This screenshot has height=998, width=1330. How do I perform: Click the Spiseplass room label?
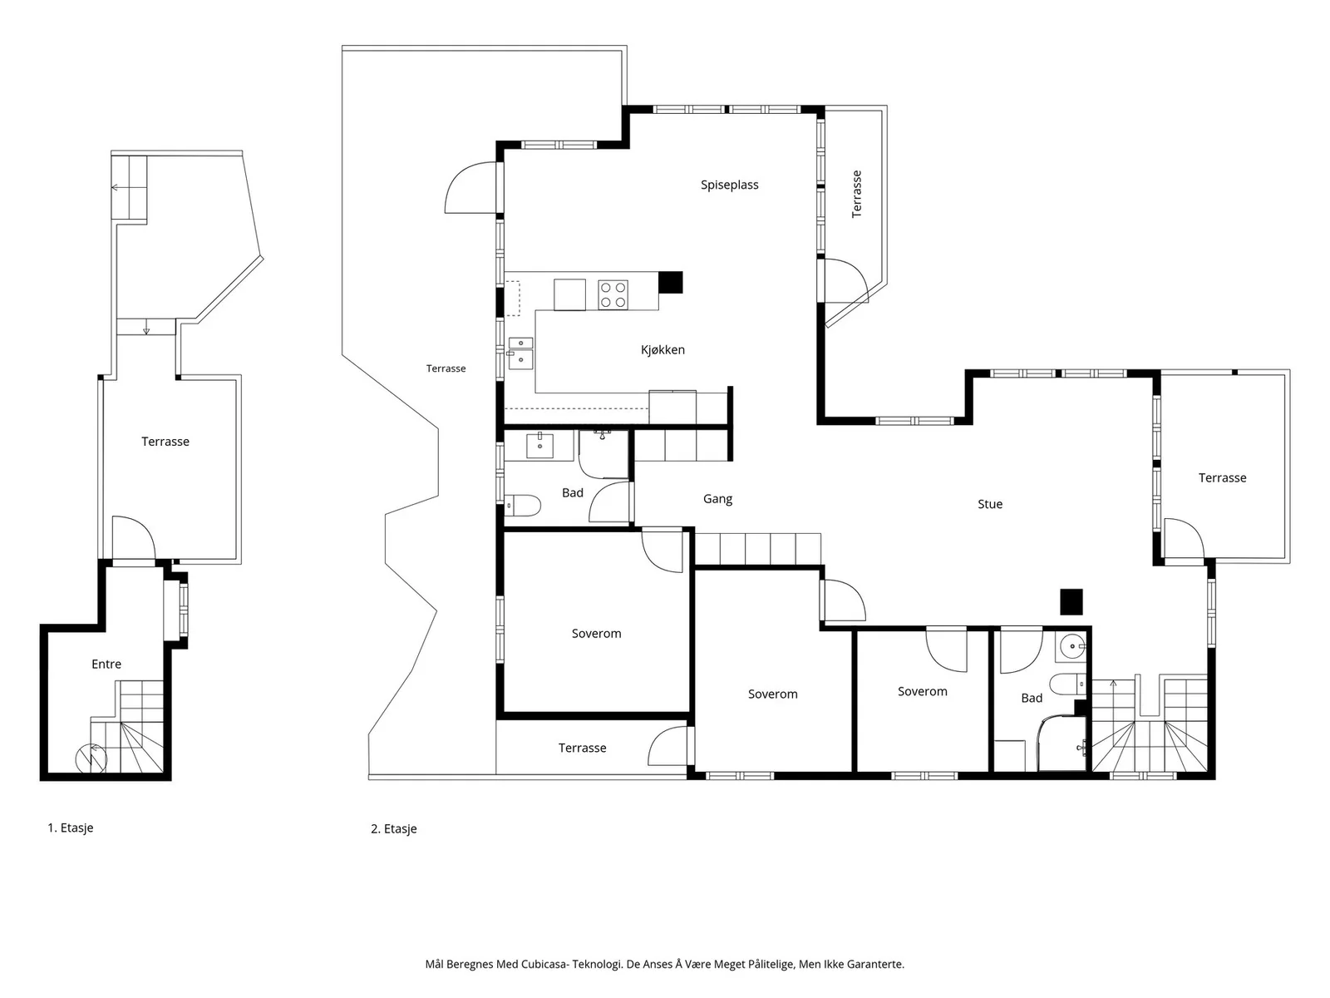pyautogui.click(x=729, y=185)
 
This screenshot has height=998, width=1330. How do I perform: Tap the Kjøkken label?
pyautogui.click(x=663, y=349)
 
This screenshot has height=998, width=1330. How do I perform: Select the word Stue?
pyautogui.click(x=989, y=504)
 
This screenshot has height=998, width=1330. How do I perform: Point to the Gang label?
pyautogui.click(x=717, y=499)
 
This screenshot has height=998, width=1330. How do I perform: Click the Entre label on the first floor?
pyautogui.click(x=106, y=665)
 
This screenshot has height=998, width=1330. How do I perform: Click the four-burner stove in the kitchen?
pyautogui.click(x=613, y=294)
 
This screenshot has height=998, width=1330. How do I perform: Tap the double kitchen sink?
pyautogui.click(x=520, y=353)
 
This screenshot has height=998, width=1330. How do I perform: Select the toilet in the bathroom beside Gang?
pyautogui.click(x=522, y=505)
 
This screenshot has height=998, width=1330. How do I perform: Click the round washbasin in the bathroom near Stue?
pyautogui.click(x=1071, y=646)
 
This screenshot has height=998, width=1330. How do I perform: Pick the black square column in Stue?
pyautogui.click(x=1071, y=601)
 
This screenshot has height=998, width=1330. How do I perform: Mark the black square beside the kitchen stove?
pyautogui.click(x=670, y=283)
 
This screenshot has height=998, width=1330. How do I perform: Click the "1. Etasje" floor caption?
pyautogui.click(x=71, y=828)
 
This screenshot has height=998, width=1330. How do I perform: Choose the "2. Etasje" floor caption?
pyautogui.click(x=394, y=829)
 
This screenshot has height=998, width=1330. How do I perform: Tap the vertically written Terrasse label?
pyautogui.click(x=856, y=194)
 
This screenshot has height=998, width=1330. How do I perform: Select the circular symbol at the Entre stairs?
pyautogui.click(x=91, y=758)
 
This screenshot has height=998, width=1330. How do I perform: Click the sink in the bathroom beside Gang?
pyautogui.click(x=539, y=446)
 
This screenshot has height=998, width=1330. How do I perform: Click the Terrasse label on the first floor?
pyautogui.click(x=165, y=442)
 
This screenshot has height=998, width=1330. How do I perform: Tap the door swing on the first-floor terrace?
pyautogui.click(x=134, y=537)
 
